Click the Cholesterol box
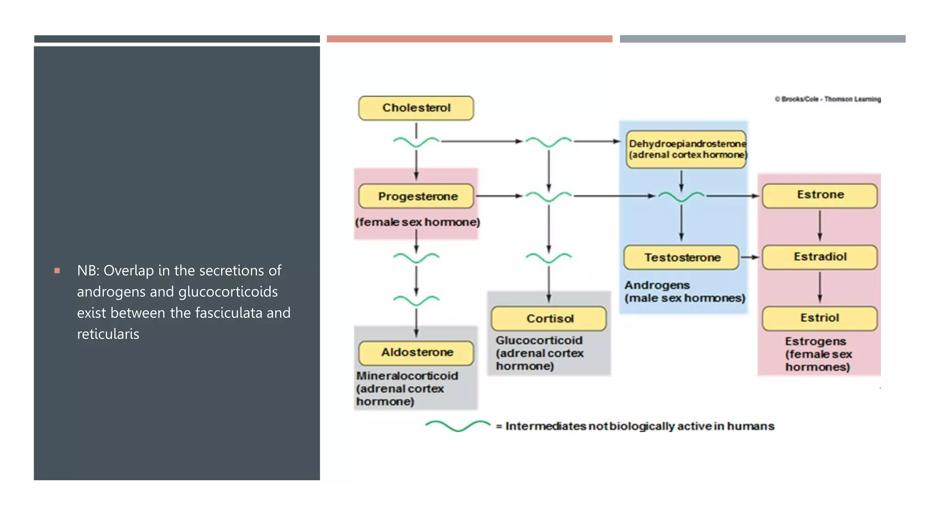(416, 108)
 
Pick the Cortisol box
(548, 318)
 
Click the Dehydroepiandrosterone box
(686, 149)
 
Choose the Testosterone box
(681, 257)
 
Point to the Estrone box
(820, 195)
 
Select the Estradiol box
(820, 257)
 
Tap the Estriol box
(820, 318)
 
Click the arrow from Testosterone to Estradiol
(750, 257)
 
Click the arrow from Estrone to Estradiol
(820, 226)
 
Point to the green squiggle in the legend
(458, 426)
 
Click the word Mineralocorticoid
(407, 376)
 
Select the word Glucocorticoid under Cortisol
(539, 340)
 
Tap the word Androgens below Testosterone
(656, 285)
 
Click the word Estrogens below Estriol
(815, 341)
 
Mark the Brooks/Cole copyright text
(828, 99)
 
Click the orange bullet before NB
(57, 270)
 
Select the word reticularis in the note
(108, 334)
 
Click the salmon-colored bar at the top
(469, 39)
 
